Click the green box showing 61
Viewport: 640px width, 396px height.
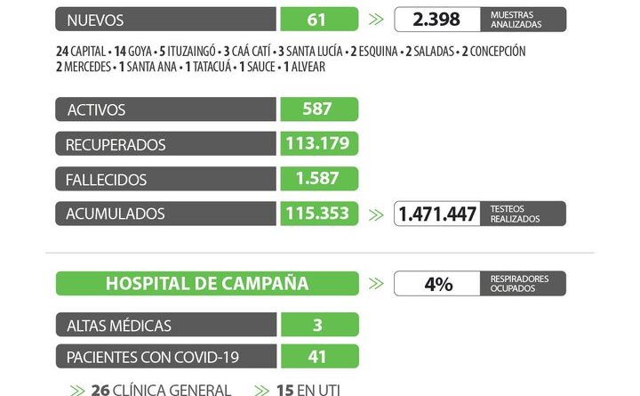(318, 20)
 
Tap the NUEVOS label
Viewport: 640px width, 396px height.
(95, 20)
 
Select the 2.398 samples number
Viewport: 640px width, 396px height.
(436, 20)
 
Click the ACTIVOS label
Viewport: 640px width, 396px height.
(96, 109)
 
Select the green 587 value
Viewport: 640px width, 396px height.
(318, 109)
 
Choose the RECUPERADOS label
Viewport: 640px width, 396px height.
(116, 144)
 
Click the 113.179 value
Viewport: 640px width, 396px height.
(318, 143)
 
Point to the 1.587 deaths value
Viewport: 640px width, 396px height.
(318, 178)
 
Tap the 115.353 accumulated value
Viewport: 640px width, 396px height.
(318, 214)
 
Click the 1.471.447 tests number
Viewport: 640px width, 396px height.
(436, 214)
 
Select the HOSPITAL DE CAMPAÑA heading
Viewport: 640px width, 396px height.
(207, 284)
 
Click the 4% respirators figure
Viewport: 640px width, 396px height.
(438, 284)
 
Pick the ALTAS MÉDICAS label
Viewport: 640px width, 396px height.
(118, 326)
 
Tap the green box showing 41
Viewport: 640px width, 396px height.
(318, 357)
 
